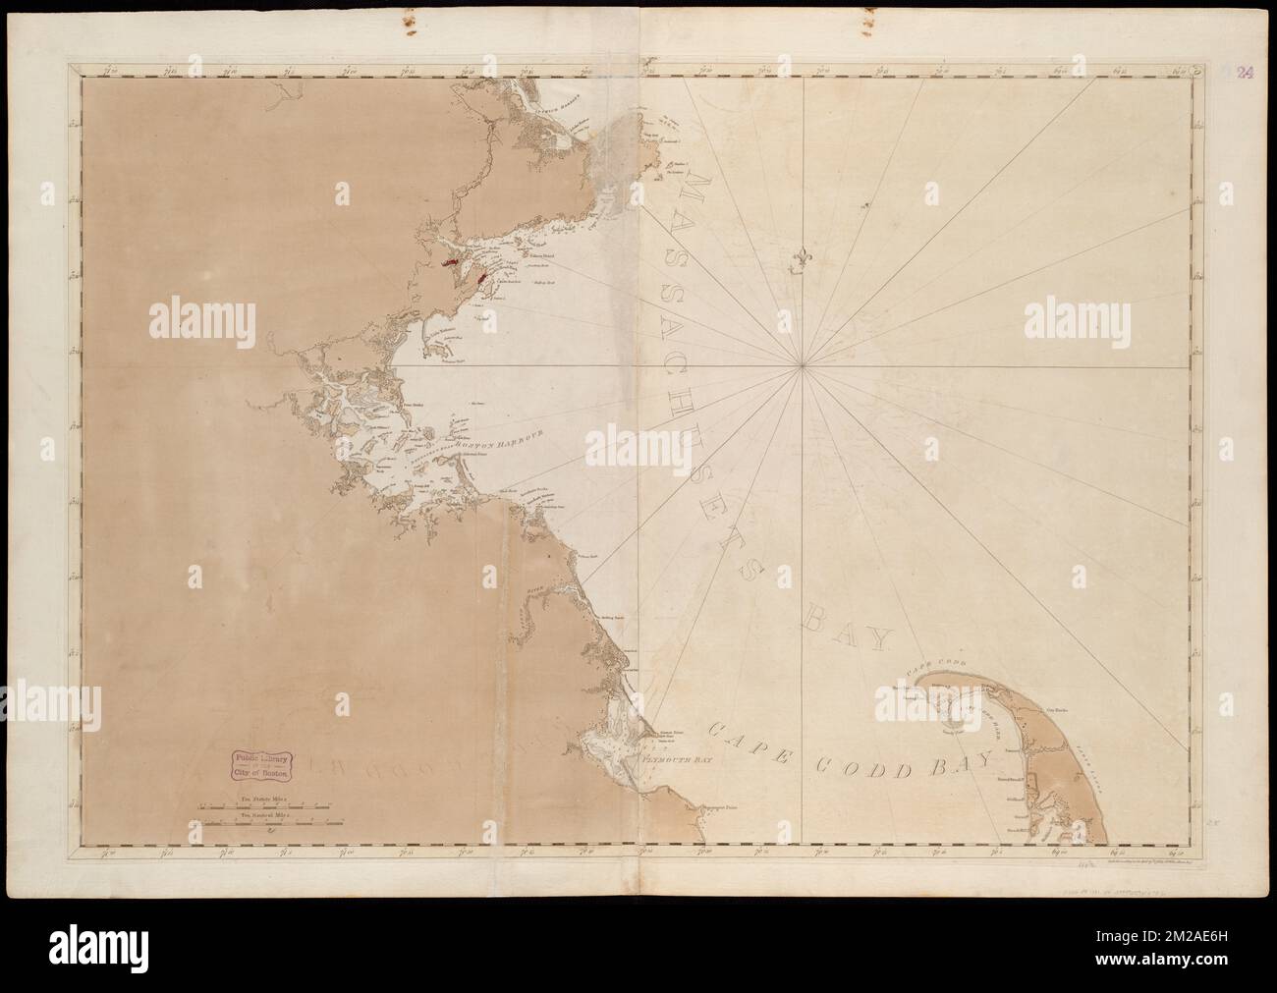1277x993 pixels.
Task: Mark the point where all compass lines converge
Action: pos(804,366)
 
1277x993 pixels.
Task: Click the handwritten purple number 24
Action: pos(1243,72)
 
